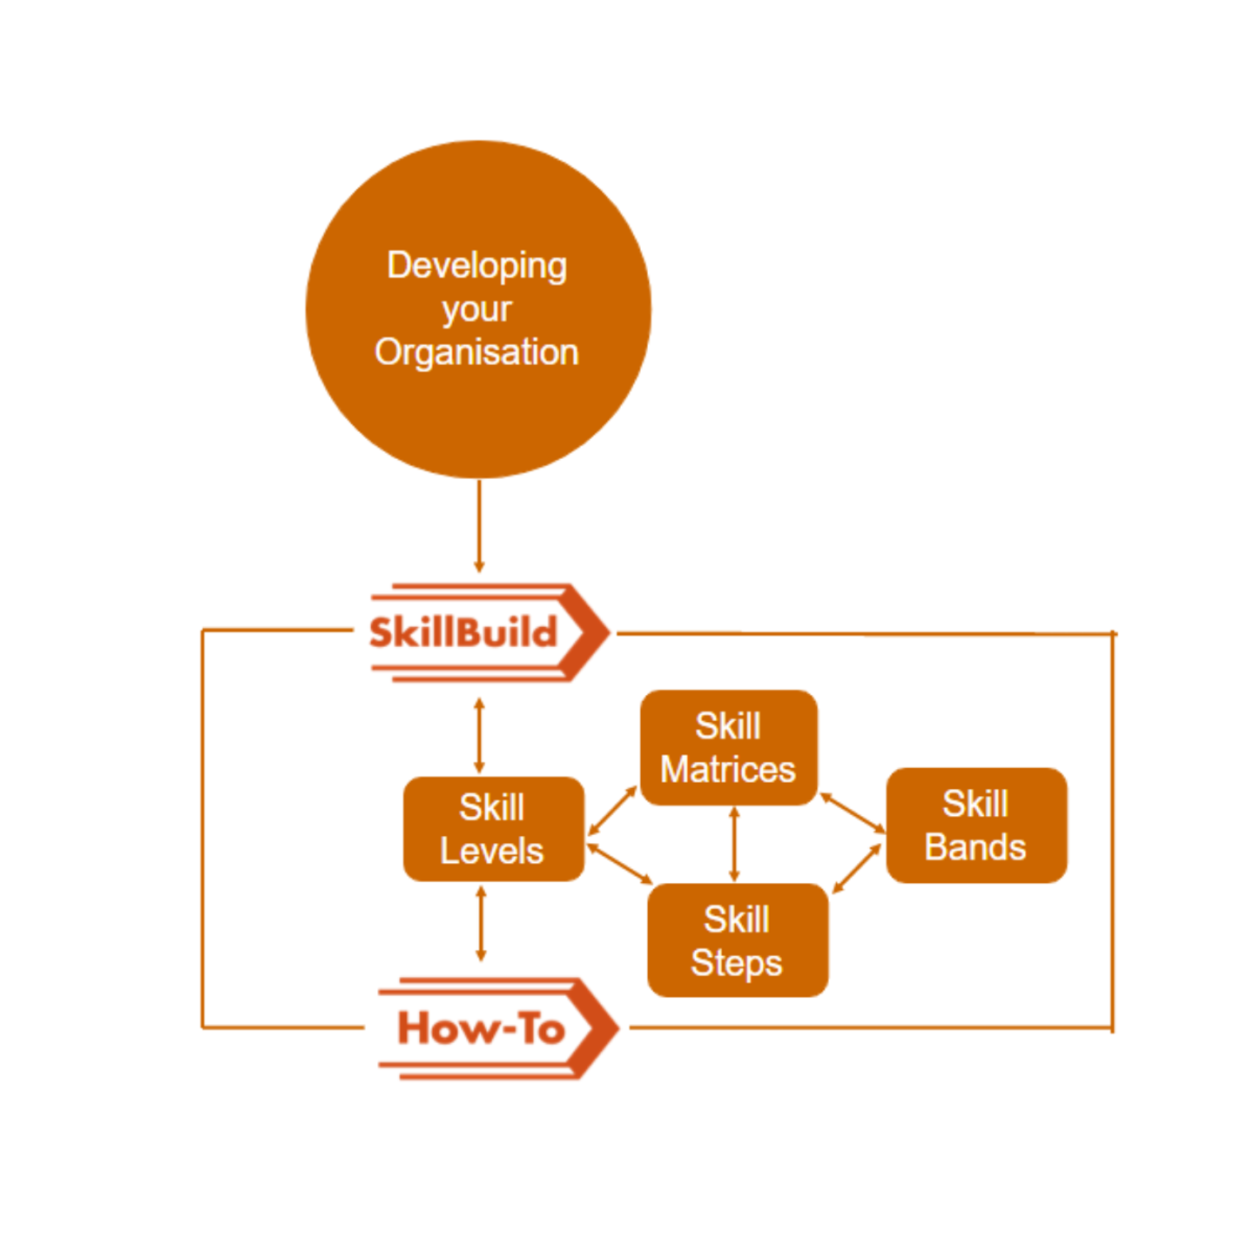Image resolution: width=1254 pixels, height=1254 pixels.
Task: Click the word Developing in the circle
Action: pyautogui.click(x=476, y=266)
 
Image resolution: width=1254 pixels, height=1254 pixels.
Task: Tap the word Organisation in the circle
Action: pyautogui.click(x=476, y=353)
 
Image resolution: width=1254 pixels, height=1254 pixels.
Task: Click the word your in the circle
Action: pyautogui.click(x=476, y=310)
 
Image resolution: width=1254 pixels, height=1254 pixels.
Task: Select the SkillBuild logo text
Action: pyautogui.click(x=462, y=632)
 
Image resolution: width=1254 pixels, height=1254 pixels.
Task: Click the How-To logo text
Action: pyautogui.click(x=481, y=1028)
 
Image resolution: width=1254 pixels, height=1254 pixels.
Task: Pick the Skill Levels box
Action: pyautogui.click(x=493, y=829)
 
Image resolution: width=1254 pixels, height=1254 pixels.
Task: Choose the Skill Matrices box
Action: pyautogui.click(x=728, y=748)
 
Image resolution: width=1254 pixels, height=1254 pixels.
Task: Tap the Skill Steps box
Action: pyautogui.click(x=737, y=940)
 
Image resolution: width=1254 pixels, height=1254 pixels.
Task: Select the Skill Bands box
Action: pyautogui.click(x=975, y=826)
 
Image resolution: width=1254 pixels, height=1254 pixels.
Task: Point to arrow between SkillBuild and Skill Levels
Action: pyautogui.click(x=479, y=736)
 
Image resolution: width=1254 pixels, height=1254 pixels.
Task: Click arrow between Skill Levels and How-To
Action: pyautogui.click(x=481, y=923)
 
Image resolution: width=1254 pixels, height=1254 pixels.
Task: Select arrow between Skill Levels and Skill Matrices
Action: pyautogui.click(x=612, y=811)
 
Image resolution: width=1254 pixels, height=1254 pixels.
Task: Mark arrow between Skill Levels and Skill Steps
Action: pyautogui.click(x=619, y=864)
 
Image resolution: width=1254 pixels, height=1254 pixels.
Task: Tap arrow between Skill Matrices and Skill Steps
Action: pyautogui.click(x=734, y=844)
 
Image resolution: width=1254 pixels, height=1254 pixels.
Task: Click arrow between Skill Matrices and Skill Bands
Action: pyautogui.click(x=853, y=812)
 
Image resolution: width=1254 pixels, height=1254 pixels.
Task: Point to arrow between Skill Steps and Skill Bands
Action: pyautogui.click(x=857, y=868)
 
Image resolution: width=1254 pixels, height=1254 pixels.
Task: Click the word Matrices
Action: pyautogui.click(x=728, y=770)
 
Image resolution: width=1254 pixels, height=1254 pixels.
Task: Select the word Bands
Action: pyautogui.click(x=975, y=847)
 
